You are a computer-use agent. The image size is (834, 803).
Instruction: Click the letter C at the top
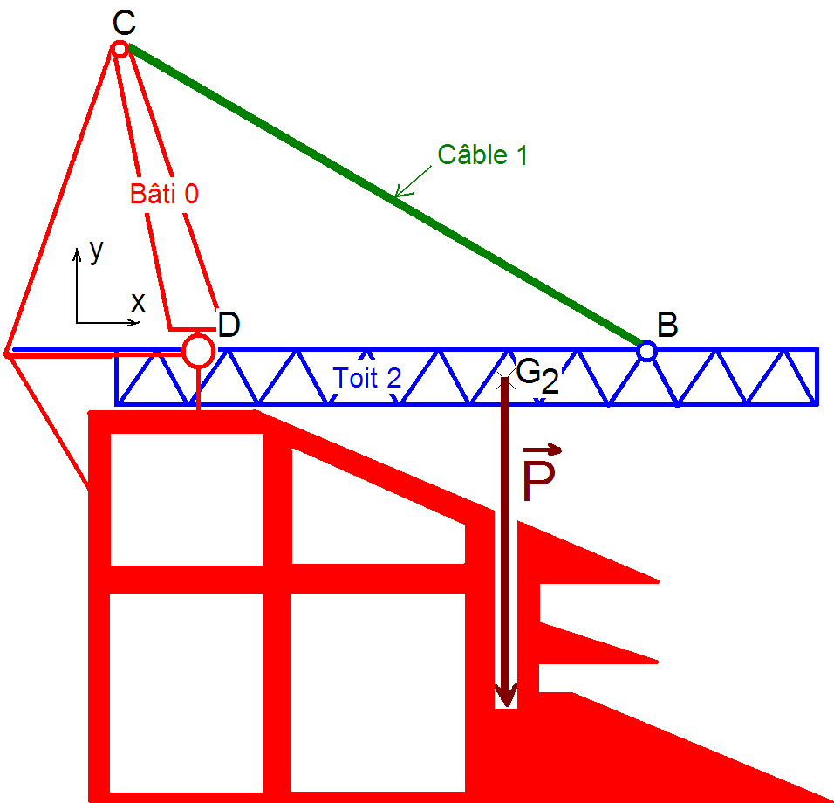tap(124, 24)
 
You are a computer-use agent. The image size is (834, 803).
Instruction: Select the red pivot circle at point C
tap(120, 49)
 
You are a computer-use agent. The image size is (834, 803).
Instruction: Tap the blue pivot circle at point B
tap(646, 351)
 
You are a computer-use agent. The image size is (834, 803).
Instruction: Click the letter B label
tap(667, 326)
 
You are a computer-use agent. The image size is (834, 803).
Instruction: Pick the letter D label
tap(229, 325)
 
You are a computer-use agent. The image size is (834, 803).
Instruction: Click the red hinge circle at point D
tap(198, 351)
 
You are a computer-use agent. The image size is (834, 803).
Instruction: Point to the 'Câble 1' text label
tap(482, 154)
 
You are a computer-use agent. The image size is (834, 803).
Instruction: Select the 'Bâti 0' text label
tap(164, 194)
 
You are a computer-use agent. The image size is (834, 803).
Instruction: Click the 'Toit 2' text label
tap(367, 378)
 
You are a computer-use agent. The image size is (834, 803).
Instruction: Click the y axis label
tap(96, 251)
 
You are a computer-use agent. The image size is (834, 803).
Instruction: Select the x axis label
tap(138, 302)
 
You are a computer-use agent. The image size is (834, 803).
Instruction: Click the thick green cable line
tap(384, 196)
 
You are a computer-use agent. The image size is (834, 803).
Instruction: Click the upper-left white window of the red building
tap(187, 499)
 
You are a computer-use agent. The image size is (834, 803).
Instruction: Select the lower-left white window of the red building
tap(187, 690)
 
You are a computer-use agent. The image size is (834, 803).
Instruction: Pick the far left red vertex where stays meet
tap(7, 353)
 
